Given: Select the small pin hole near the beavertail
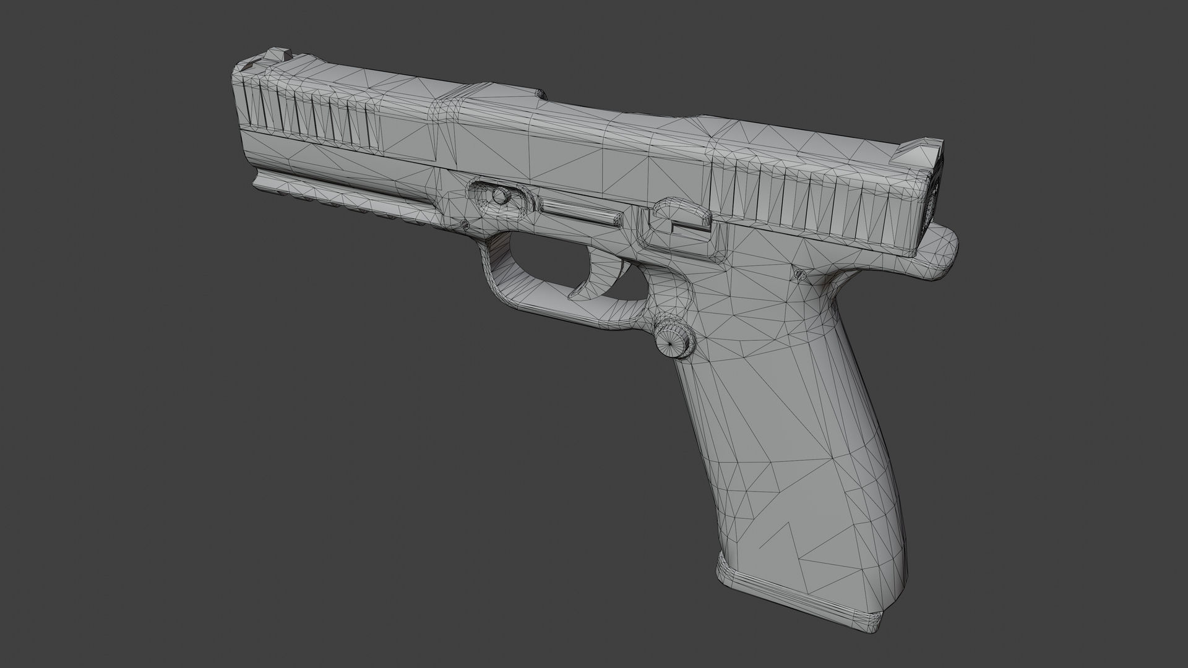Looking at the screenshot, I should click(799, 273).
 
